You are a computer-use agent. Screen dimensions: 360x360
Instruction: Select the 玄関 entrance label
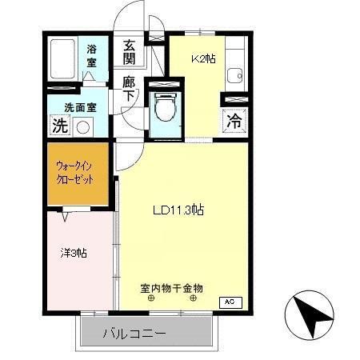tap(129, 52)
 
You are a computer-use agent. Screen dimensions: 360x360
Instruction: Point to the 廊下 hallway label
tap(129, 86)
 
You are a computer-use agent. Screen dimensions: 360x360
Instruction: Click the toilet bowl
tap(166, 106)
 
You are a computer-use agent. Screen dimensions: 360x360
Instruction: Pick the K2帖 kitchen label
tap(202, 58)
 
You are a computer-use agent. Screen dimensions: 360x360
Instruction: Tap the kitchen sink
tap(234, 76)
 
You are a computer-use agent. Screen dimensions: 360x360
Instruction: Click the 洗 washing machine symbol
tap(59, 126)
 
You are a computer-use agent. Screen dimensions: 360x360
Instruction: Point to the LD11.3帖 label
tap(177, 210)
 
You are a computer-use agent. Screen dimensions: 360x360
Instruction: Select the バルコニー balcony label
tap(134, 332)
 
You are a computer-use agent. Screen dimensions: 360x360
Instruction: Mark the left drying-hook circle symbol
tap(150, 298)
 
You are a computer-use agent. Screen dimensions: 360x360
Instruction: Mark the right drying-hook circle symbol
tap(194, 298)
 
